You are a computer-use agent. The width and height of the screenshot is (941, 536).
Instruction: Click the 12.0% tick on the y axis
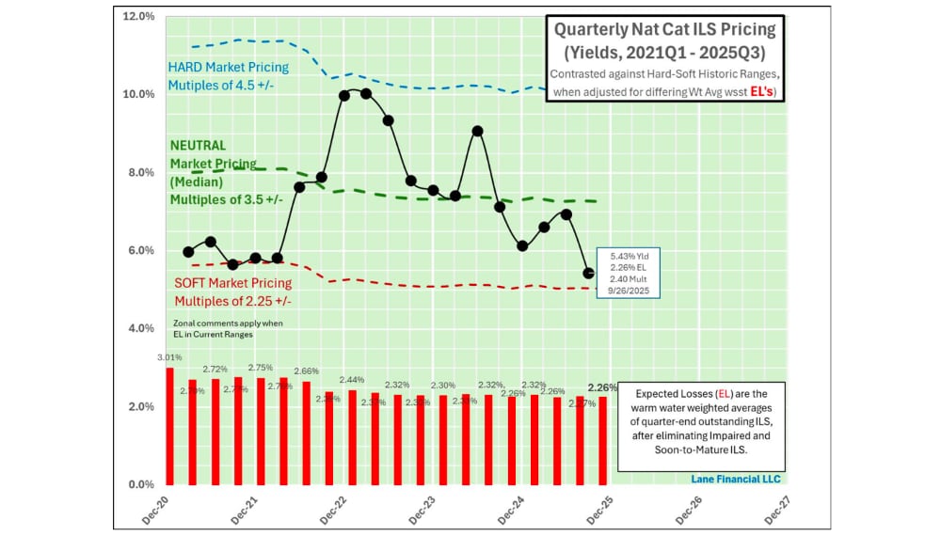coord(138,17)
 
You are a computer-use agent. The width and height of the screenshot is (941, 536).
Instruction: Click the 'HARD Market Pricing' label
coord(228,68)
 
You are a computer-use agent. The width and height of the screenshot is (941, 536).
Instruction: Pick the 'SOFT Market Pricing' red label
coord(232,283)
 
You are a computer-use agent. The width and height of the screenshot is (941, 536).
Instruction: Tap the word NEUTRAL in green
coord(198,146)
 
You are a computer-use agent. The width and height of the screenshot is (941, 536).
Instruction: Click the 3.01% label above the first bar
coord(167,357)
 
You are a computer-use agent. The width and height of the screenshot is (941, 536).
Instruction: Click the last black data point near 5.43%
coord(589,274)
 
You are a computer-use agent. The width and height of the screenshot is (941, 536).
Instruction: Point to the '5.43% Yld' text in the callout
coord(630,255)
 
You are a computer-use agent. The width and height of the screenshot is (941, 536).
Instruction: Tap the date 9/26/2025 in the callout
coord(630,292)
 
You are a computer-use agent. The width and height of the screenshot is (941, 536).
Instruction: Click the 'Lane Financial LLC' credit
coord(737,479)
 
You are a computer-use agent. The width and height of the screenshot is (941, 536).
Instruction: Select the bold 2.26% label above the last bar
coord(602,387)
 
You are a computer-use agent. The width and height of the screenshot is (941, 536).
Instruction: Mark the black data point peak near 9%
coord(477,131)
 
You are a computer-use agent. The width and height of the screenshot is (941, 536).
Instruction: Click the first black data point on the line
coord(188,252)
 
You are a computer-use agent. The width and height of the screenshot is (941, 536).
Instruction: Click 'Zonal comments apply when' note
coord(229,323)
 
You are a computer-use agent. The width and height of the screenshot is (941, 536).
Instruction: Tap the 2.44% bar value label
coord(352,379)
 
